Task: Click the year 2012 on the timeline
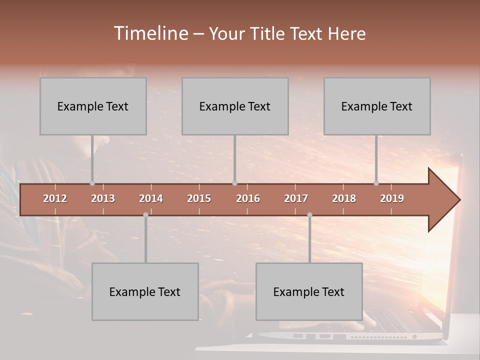[55, 198]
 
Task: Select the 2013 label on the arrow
[103, 198]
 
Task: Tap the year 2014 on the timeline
[151, 198]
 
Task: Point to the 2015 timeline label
[199, 198]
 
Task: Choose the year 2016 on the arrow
[248, 198]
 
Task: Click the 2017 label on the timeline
[296, 198]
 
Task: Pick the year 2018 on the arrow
[344, 198]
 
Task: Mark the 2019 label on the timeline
[392, 198]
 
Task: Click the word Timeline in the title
[150, 33]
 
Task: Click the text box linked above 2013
[93, 106]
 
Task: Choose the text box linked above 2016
[235, 106]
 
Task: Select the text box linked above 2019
[377, 106]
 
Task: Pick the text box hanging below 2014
[145, 291]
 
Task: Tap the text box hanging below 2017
[309, 291]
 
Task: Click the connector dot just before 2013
[92, 183]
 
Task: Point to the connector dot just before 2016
[235, 183]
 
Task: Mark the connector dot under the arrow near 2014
[145, 215]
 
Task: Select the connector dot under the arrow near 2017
[309, 215]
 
